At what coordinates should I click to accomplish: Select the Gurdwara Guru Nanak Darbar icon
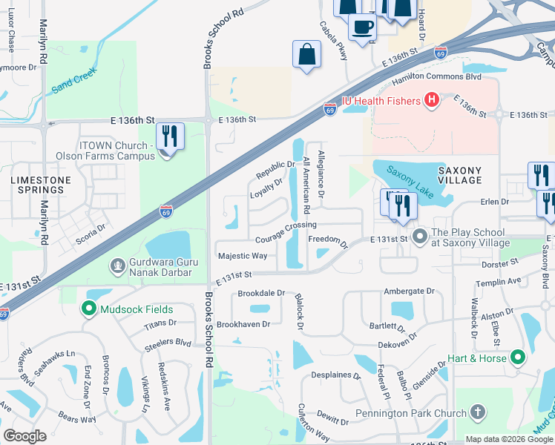[117, 266]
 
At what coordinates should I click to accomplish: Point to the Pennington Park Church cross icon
[479, 412]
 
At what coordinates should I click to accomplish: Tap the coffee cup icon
[362, 27]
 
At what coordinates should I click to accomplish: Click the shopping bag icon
[307, 54]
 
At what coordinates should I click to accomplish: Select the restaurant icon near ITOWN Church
[170, 136]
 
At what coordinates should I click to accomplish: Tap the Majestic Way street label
[243, 256]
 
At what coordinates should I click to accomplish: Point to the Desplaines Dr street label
[335, 375]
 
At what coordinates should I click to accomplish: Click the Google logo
[25, 436]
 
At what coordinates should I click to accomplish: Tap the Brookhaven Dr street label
[243, 324]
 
